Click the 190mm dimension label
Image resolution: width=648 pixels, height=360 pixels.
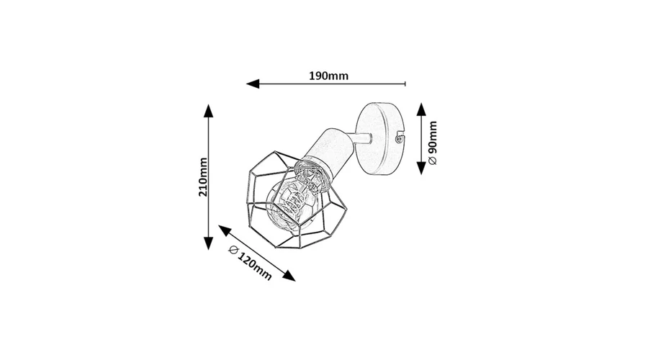pos(328,76)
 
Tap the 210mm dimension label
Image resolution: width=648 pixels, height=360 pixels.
pos(203,177)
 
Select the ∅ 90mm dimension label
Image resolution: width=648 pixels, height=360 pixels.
pos(433,143)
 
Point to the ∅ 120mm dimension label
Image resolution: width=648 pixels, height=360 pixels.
pos(251,263)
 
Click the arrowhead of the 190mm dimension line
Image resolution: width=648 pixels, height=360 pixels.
pos(253,84)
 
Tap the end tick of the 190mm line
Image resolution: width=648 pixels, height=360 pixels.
pos(405,84)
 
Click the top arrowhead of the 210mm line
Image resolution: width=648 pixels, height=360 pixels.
pos(208,110)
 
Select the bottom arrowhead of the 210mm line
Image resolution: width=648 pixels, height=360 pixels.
pos(208,243)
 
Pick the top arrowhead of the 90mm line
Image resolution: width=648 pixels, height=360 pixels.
pos(421,109)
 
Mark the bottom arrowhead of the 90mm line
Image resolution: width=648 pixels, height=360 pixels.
pos(421,168)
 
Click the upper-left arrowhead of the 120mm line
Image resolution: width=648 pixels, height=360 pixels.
pos(224,230)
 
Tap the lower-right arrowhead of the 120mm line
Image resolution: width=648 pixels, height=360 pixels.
pos(289,276)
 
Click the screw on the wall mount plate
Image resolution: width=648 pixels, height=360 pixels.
pos(399,138)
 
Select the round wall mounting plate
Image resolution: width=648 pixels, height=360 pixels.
pos(379,138)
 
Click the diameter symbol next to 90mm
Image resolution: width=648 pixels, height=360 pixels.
pos(433,161)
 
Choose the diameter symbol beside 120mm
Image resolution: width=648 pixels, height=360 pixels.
pos(233,250)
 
